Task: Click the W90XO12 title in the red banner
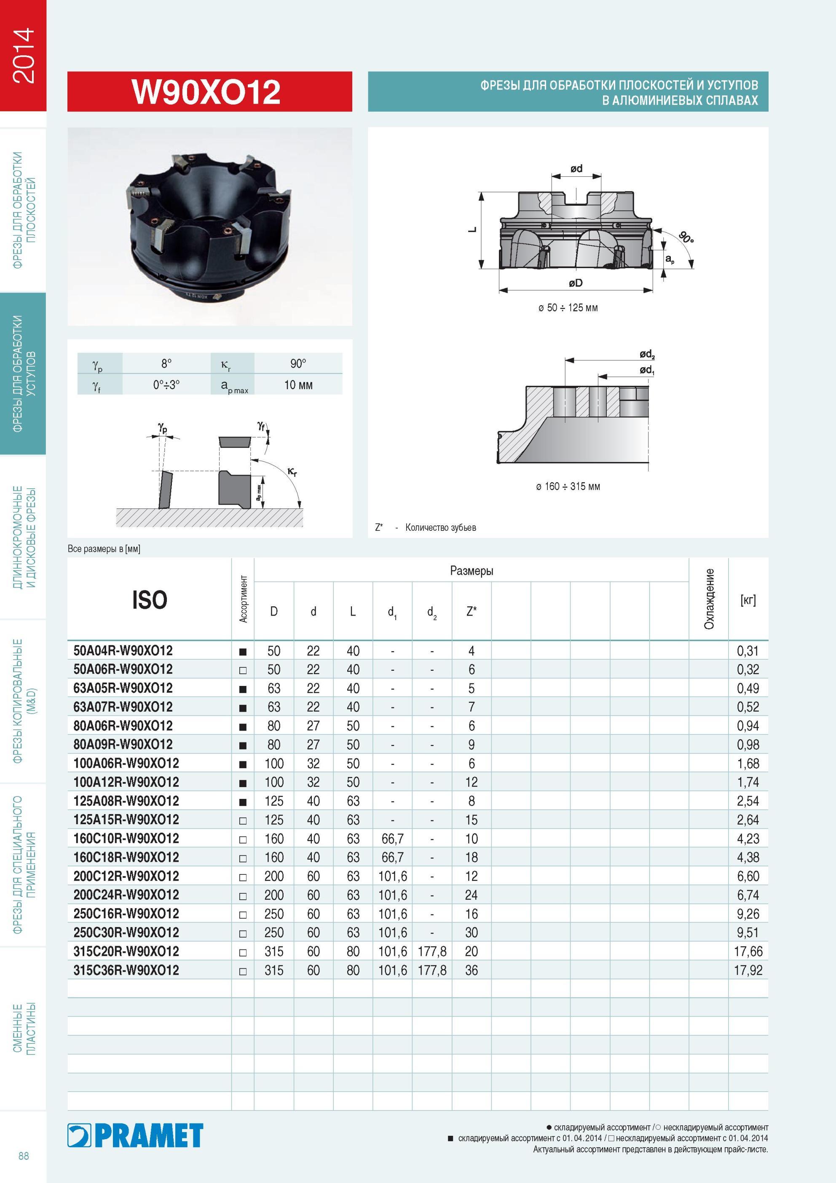click(206, 92)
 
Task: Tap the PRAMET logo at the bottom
click(135, 1136)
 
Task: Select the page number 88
click(24, 1156)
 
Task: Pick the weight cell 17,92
click(748, 970)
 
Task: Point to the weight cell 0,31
click(748, 651)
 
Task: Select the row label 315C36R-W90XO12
click(126, 970)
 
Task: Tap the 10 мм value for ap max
click(298, 385)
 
